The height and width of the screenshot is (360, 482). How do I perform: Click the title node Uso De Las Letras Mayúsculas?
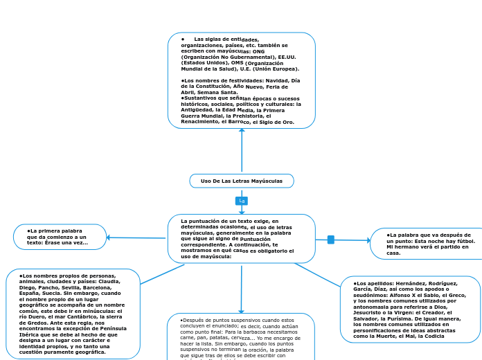coord(242,181)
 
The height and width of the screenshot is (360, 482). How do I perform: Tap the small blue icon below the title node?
coord(242,201)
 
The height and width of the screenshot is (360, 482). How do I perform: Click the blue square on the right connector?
coord(331,240)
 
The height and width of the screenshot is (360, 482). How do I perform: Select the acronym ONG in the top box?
coord(258,51)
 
